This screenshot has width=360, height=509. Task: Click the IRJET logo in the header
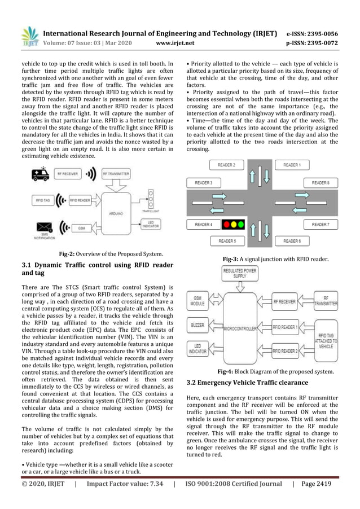point(29,36)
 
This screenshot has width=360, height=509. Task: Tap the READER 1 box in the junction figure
point(292,165)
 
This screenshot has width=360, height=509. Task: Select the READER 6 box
point(292,241)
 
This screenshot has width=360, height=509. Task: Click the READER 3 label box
point(203,183)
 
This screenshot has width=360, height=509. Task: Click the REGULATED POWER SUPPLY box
point(240,274)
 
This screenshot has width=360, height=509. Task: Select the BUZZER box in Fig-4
point(197,326)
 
